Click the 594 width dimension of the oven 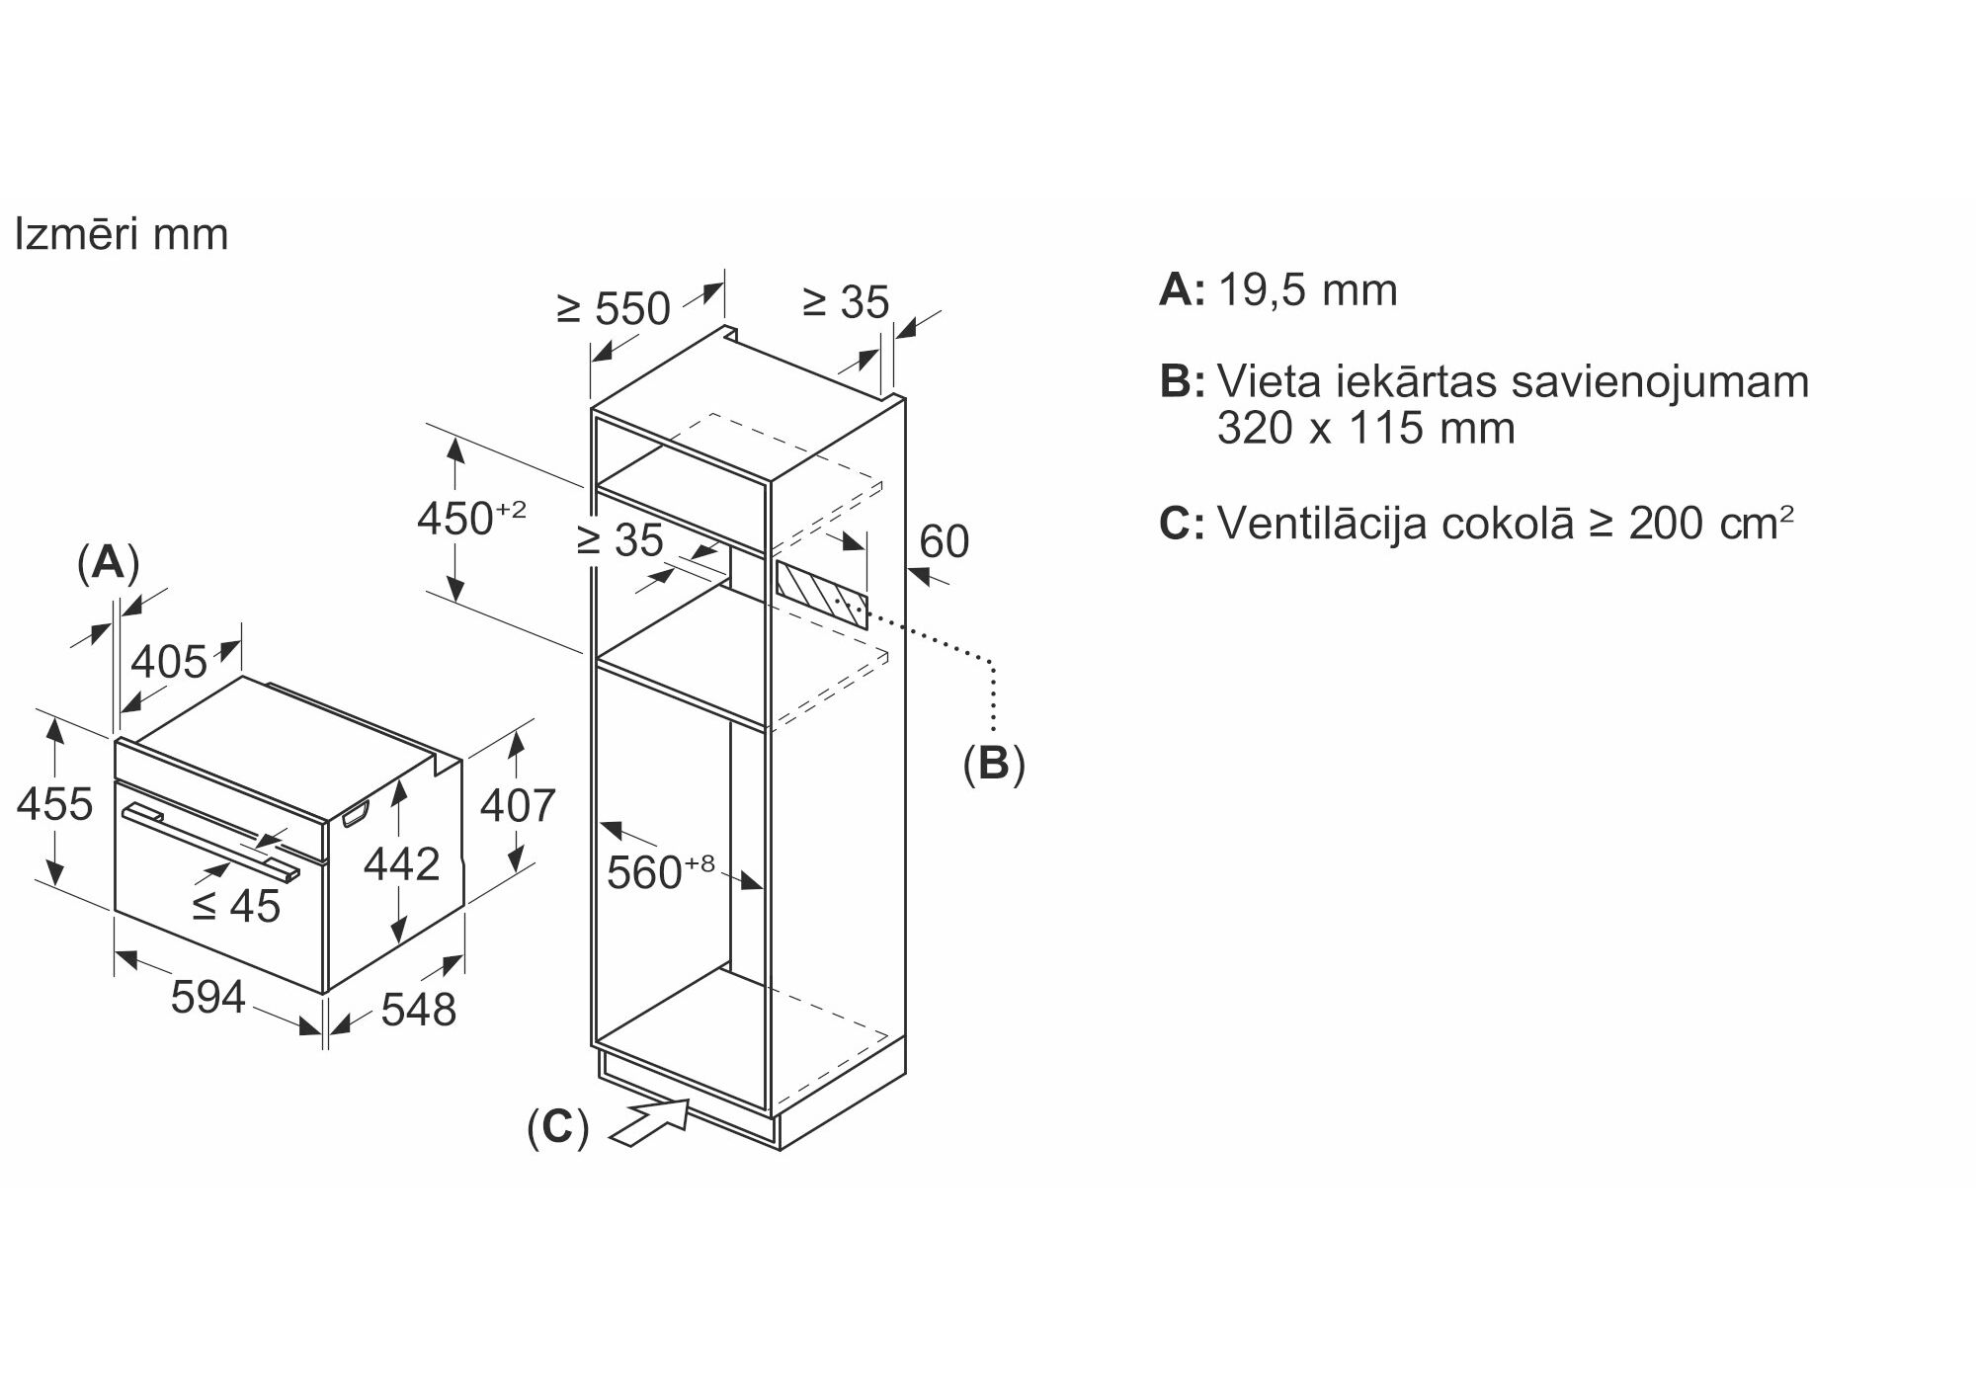click(x=207, y=997)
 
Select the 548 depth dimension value click(x=418, y=1010)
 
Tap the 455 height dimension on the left click(x=54, y=804)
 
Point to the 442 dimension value click(x=401, y=864)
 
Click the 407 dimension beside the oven click(x=518, y=805)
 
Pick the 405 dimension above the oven click(x=169, y=662)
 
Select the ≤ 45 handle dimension click(x=236, y=905)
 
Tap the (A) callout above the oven click(x=108, y=562)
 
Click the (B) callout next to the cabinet click(x=994, y=764)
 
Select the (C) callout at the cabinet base click(x=557, y=1127)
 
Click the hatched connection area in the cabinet click(x=821, y=594)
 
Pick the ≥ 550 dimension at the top click(x=614, y=309)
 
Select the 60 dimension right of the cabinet click(x=944, y=542)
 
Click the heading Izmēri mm click(x=121, y=235)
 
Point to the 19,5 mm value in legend click(x=1307, y=290)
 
